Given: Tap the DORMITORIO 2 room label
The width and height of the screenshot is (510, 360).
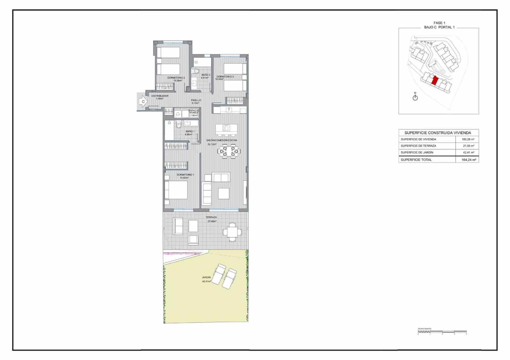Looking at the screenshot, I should [176, 78].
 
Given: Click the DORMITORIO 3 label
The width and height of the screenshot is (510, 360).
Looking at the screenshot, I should [225, 76].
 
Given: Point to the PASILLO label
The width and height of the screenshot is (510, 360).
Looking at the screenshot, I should [196, 100].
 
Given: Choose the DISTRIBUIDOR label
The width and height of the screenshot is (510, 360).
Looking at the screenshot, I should [160, 96].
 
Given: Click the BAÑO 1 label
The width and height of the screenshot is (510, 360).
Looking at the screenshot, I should [190, 131].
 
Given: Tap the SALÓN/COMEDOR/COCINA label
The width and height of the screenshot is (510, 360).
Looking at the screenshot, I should [222, 140].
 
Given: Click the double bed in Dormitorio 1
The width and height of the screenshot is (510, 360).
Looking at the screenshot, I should [176, 190].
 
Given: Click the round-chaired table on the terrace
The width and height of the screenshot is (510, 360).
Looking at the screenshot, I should [232, 232].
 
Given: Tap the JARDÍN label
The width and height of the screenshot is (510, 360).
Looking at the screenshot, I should [206, 277].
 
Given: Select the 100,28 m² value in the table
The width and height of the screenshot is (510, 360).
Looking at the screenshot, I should [468, 139].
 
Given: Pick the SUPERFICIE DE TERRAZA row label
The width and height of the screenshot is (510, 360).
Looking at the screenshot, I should [418, 146].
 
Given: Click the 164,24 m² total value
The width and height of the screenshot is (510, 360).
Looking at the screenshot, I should [469, 160].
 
